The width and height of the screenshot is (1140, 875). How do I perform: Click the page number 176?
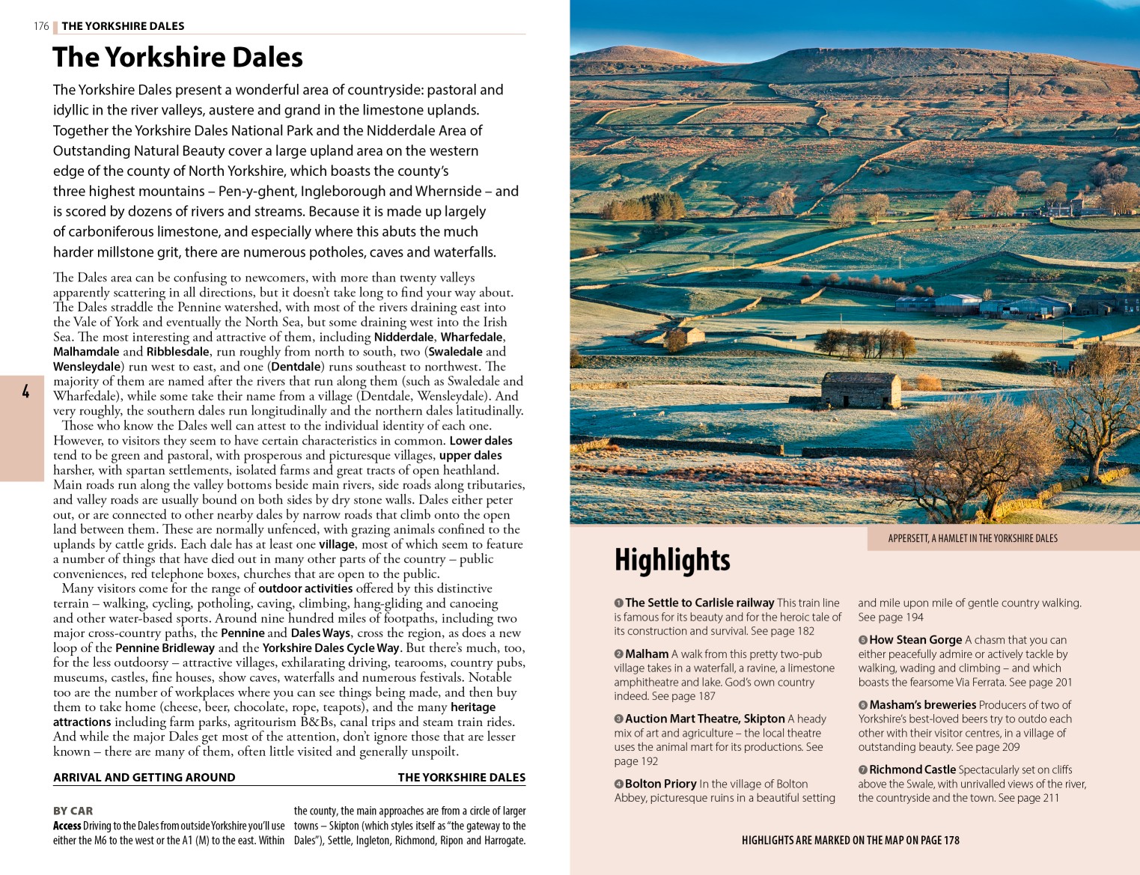pyautogui.click(x=41, y=26)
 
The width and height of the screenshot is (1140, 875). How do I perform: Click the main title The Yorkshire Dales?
pyautogui.click(x=177, y=58)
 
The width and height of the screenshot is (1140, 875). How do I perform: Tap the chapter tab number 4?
pyautogui.click(x=25, y=391)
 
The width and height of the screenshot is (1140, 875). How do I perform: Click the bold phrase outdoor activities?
pyautogui.click(x=305, y=588)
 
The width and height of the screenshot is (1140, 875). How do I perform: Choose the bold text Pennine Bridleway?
pyautogui.click(x=165, y=648)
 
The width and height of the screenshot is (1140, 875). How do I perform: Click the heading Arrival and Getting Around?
pyautogui.click(x=144, y=778)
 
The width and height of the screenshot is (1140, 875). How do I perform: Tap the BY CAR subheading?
pyautogui.click(x=73, y=811)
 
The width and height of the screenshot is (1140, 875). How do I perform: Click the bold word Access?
pyautogui.click(x=67, y=826)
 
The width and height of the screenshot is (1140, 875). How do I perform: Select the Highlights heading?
pyautogui.click(x=672, y=560)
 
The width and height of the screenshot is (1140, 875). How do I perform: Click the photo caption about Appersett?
pyautogui.click(x=972, y=538)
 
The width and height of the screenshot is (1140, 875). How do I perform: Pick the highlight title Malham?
pyautogui.click(x=647, y=654)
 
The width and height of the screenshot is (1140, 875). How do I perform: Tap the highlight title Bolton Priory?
pyautogui.click(x=660, y=784)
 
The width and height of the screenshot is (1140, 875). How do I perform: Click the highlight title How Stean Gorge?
pyautogui.click(x=915, y=640)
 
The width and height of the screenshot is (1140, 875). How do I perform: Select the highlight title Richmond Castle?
pyautogui.click(x=912, y=769)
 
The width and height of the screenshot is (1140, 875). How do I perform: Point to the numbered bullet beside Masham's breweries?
pyautogui.click(x=863, y=705)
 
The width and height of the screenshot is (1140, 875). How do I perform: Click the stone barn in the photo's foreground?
pyautogui.click(x=861, y=391)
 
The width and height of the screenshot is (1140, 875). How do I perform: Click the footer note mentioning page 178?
pyautogui.click(x=850, y=841)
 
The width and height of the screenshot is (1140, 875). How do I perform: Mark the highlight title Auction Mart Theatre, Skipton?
pyautogui.click(x=705, y=719)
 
